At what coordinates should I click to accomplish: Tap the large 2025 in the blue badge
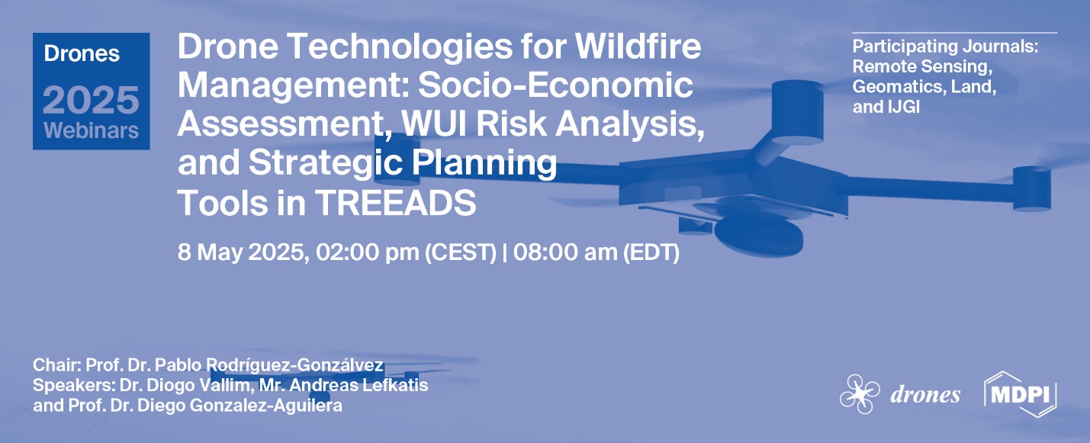pyautogui.click(x=91, y=100)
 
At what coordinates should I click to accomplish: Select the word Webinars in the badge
pyautogui.click(x=91, y=130)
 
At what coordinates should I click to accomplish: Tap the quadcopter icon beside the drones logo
pyautogui.click(x=860, y=395)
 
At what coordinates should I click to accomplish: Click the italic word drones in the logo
pyautogui.click(x=924, y=395)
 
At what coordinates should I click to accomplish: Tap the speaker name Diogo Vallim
pyautogui.click(x=199, y=385)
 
